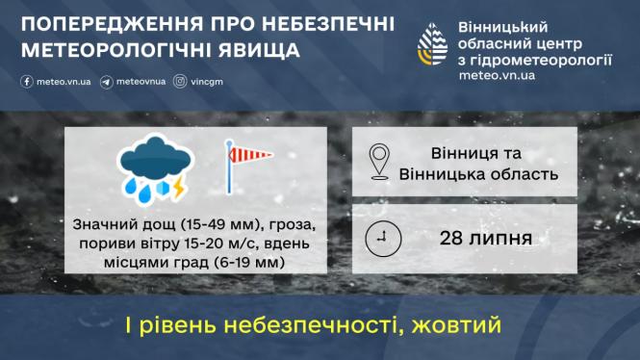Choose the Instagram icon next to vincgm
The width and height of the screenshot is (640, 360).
point(180,82)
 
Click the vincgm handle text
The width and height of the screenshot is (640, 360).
point(208,82)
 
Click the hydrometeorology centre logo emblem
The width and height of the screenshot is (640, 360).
point(431,43)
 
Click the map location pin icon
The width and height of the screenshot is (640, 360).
point(384,163)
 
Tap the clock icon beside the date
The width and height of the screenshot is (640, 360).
point(383,237)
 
